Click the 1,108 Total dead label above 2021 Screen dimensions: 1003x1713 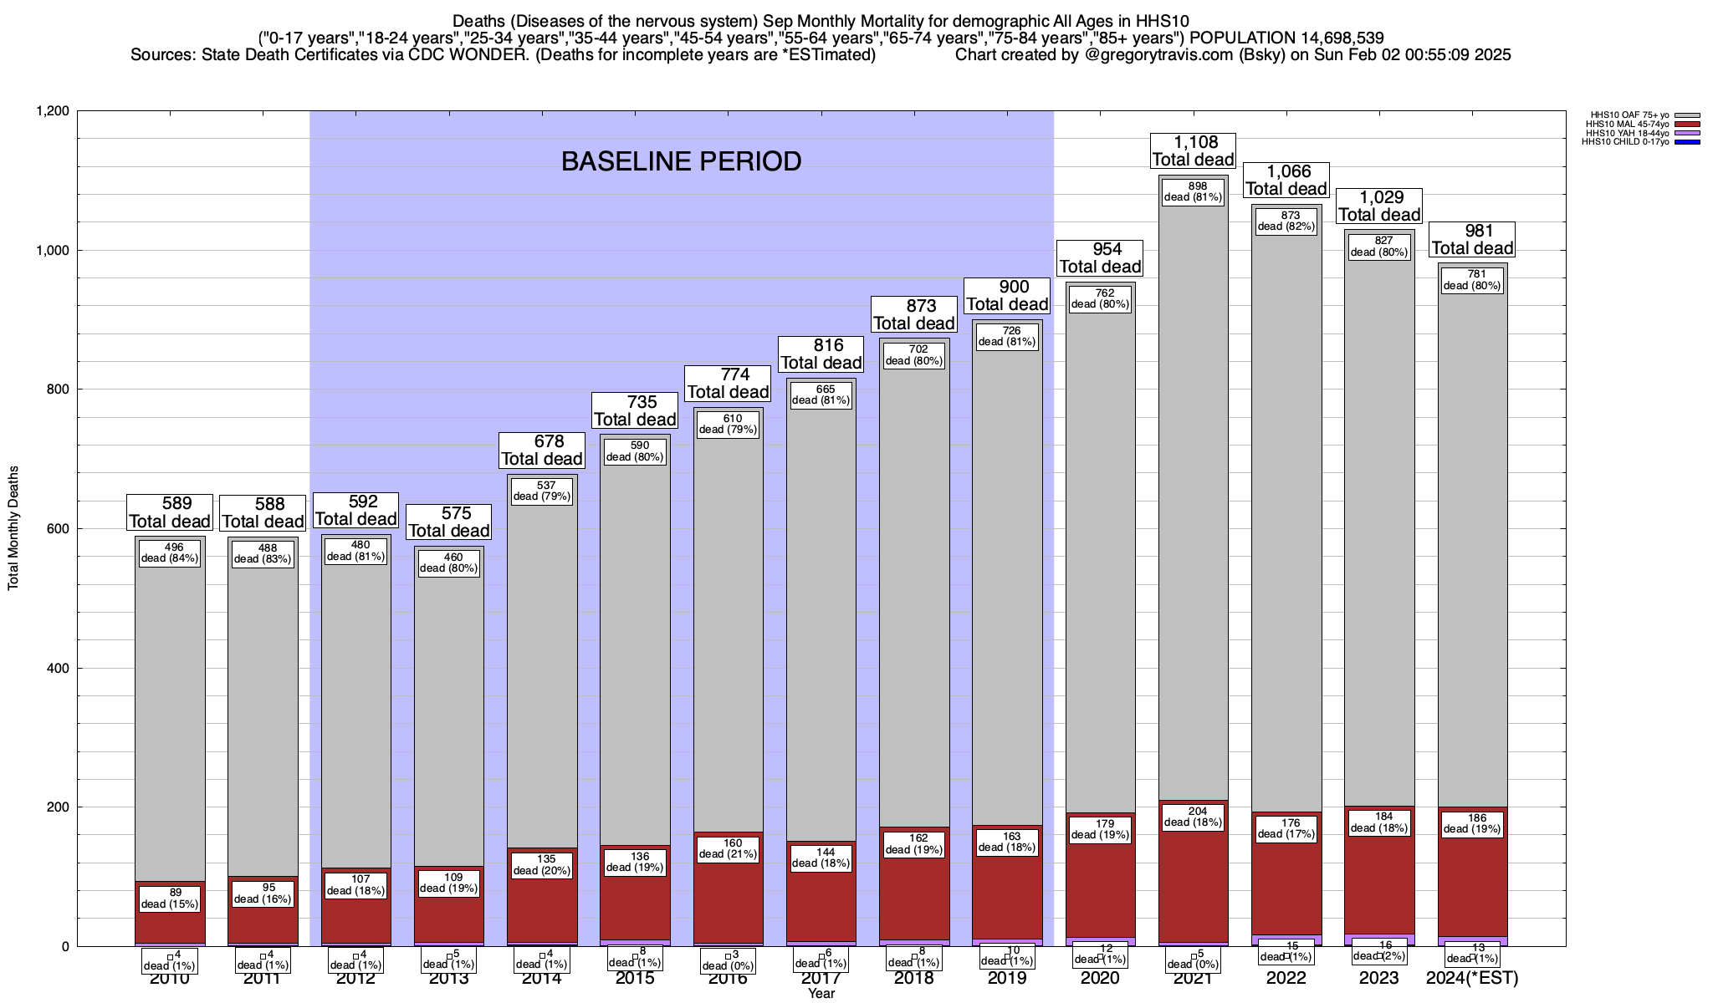tap(1194, 151)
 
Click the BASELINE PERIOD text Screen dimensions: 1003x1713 tap(681, 161)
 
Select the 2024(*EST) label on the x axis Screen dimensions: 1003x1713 tap(1472, 979)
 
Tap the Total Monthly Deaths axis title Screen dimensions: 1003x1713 tap(13, 528)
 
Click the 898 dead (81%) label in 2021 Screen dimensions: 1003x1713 tap(1194, 192)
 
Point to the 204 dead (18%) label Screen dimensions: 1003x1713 tap(1194, 817)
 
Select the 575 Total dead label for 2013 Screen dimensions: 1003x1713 tap(448, 522)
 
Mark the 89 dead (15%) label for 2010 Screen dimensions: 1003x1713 tap(171, 899)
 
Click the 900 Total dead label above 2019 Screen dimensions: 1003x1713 tap(1008, 296)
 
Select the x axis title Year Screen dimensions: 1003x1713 tap(821, 994)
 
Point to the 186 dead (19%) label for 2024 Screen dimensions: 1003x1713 tap(1472, 823)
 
